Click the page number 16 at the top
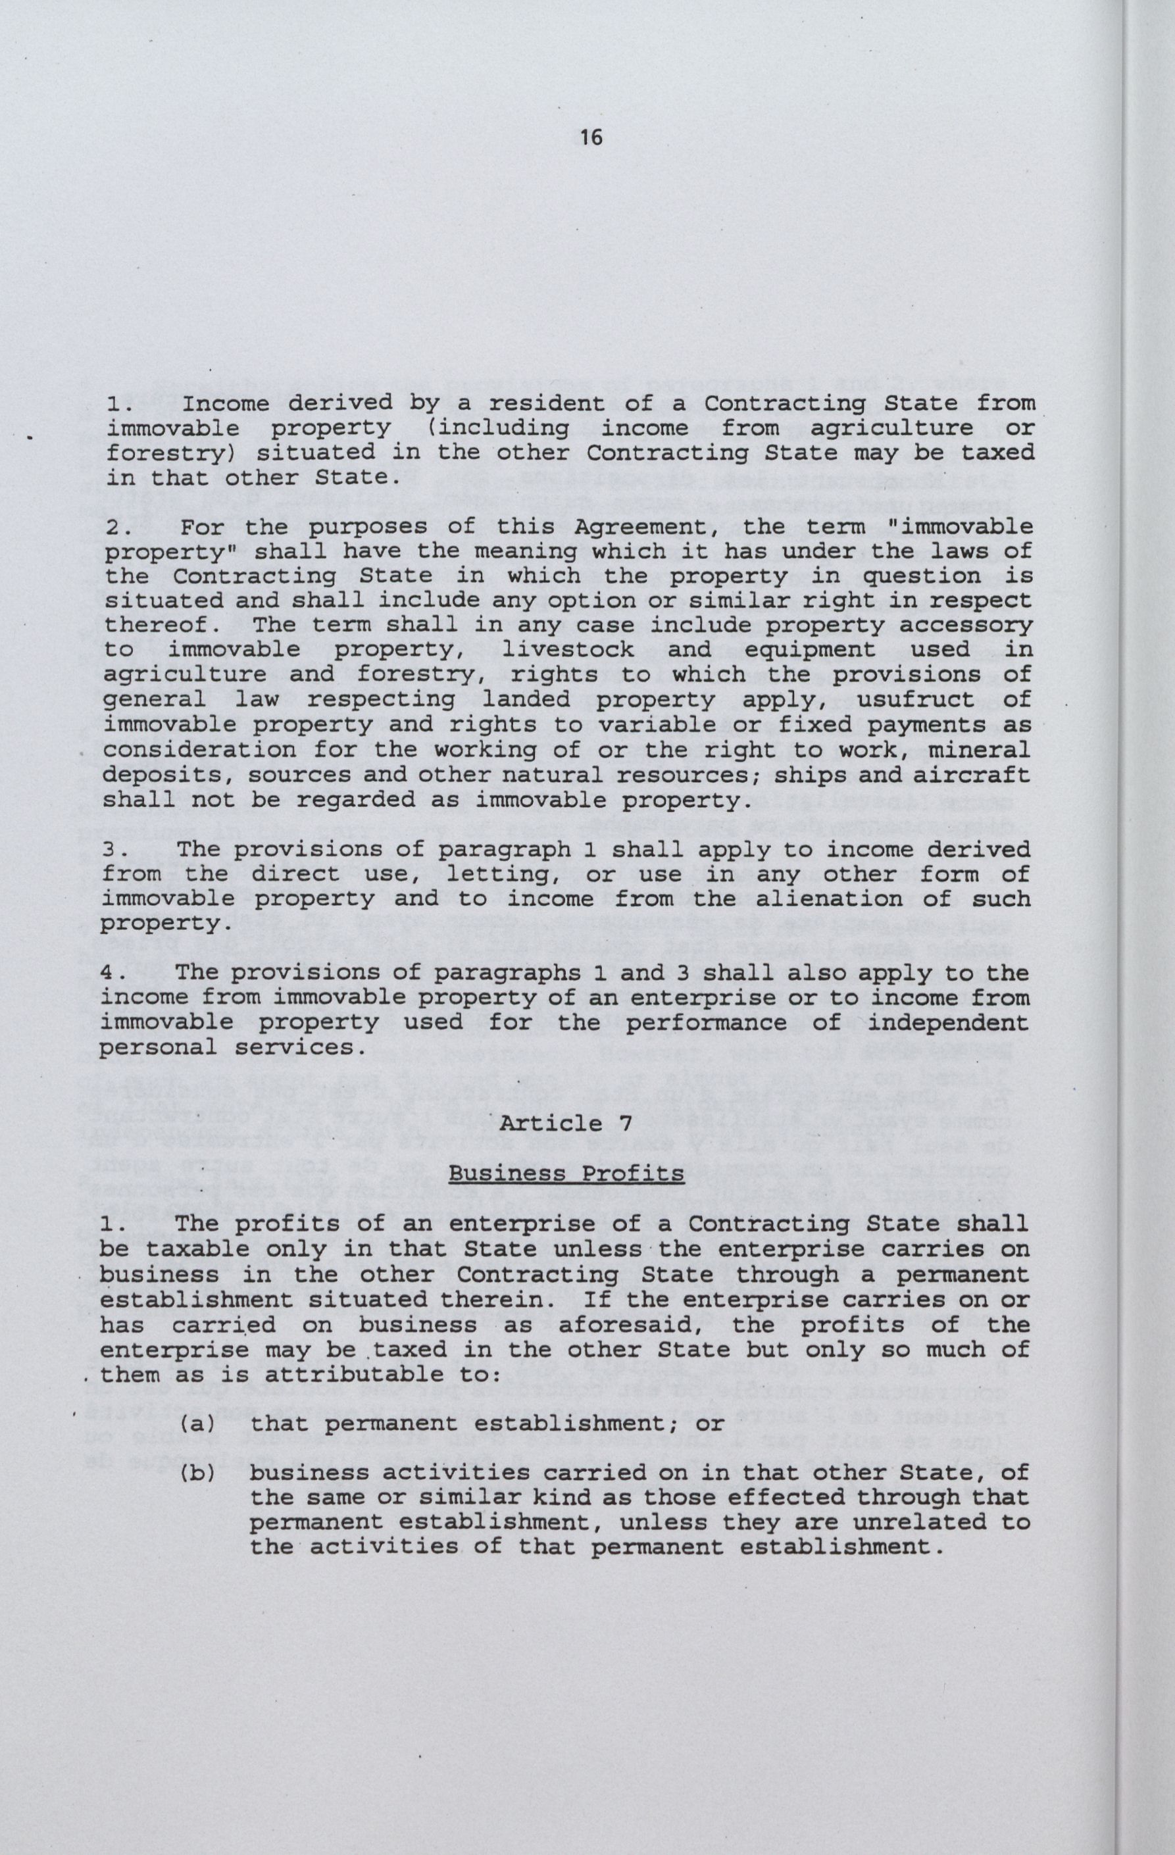pyautogui.click(x=591, y=138)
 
